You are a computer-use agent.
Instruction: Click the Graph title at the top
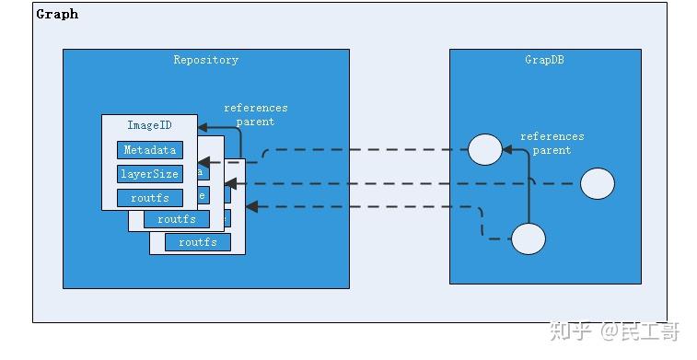click(x=57, y=14)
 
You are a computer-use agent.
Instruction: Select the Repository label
click(x=205, y=60)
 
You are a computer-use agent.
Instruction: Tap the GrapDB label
click(x=543, y=60)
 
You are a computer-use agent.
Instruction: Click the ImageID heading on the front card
click(x=149, y=125)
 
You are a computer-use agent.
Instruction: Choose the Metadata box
click(x=149, y=150)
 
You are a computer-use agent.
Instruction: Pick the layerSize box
click(x=149, y=173)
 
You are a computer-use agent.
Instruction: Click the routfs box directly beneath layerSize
click(x=149, y=197)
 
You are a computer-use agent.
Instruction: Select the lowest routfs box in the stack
click(x=197, y=242)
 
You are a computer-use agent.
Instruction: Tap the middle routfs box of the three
click(x=176, y=219)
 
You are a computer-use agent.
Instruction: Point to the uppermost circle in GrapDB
click(x=484, y=149)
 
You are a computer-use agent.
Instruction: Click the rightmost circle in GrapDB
click(x=598, y=184)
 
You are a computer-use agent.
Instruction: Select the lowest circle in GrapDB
click(x=528, y=239)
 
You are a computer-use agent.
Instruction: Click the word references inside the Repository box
click(x=256, y=109)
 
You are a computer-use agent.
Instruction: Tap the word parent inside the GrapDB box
click(x=552, y=150)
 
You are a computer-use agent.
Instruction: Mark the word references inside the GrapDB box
click(x=552, y=137)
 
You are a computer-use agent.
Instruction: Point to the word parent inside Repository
click(x=256, y=122)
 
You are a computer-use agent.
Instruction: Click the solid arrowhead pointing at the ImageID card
click(x=203, y=129)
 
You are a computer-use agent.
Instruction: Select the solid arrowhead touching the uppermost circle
click(x=507, y=146)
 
